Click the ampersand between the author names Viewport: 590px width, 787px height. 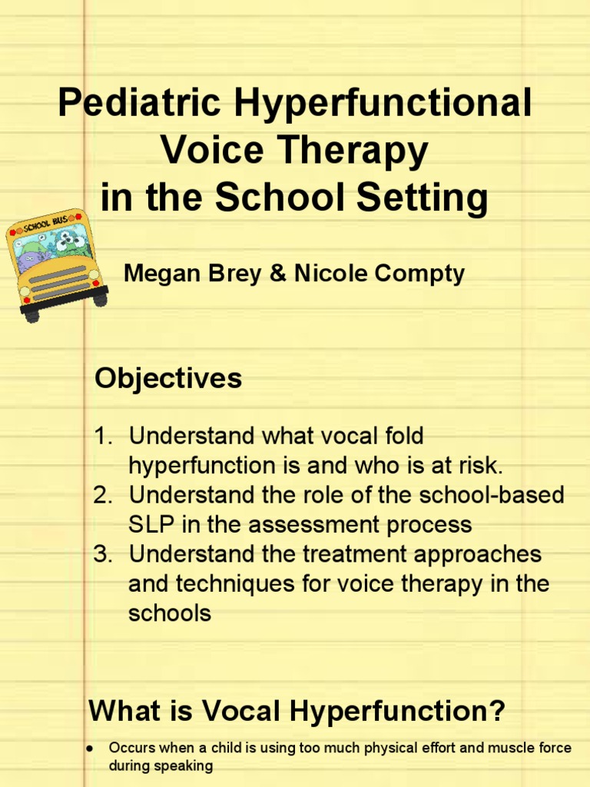[x=277, y=273]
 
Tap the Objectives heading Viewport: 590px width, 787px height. [x=167, y=378]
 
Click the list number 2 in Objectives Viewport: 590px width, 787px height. [x=104, y=495]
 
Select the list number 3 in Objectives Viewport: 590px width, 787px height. [x=104, y=554]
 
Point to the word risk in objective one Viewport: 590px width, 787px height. [x=480, y=466]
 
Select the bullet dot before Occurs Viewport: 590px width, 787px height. [x=91, y=748]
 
